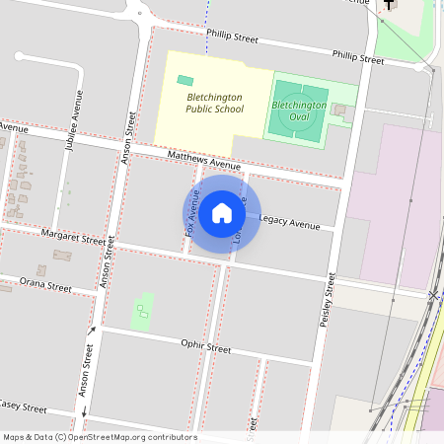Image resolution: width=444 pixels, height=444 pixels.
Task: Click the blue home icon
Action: coord(222,212)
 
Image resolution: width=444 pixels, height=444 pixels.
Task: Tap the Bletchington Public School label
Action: coord(213,104)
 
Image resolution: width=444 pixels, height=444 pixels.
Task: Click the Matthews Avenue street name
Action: coord(203,160)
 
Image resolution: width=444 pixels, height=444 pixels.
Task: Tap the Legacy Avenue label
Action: coord(290,225)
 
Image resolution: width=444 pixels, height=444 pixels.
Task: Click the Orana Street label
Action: coord(45,285)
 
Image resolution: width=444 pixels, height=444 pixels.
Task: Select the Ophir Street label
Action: coord(205,348)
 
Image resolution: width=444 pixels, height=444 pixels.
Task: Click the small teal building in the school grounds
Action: coord(185,80)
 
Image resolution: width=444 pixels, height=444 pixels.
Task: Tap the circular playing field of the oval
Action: coord(296,111)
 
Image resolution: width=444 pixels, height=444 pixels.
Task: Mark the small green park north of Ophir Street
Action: coord(142,311)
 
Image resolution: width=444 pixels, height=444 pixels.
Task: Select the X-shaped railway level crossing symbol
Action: coord(433,295)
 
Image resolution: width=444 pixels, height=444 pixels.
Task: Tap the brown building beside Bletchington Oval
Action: coord(340,109)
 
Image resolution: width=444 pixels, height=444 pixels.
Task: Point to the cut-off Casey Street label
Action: coord(23,407)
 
